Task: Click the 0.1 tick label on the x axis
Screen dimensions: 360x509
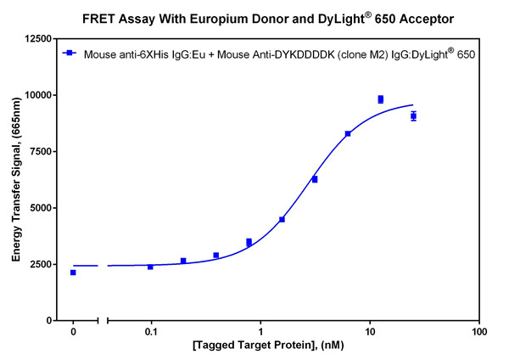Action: click(x=151, y=332)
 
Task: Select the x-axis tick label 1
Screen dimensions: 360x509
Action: click(x=260, y=332)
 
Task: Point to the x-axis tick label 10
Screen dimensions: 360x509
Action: click(x=370, y=332)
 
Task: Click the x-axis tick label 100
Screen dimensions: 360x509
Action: click(x=479, y=332)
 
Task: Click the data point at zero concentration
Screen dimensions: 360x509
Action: click(x=73, y=273)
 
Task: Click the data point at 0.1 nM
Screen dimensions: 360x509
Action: click(x=150, y=267)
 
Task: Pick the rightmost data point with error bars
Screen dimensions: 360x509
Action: click(x=413, y=116)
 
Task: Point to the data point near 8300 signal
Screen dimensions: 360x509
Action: click(x=348, y=134)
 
